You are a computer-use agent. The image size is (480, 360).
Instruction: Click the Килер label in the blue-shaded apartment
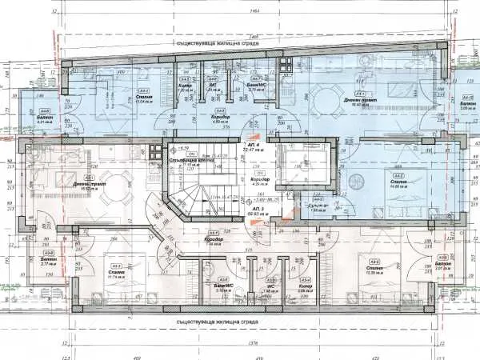pos(185,86)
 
